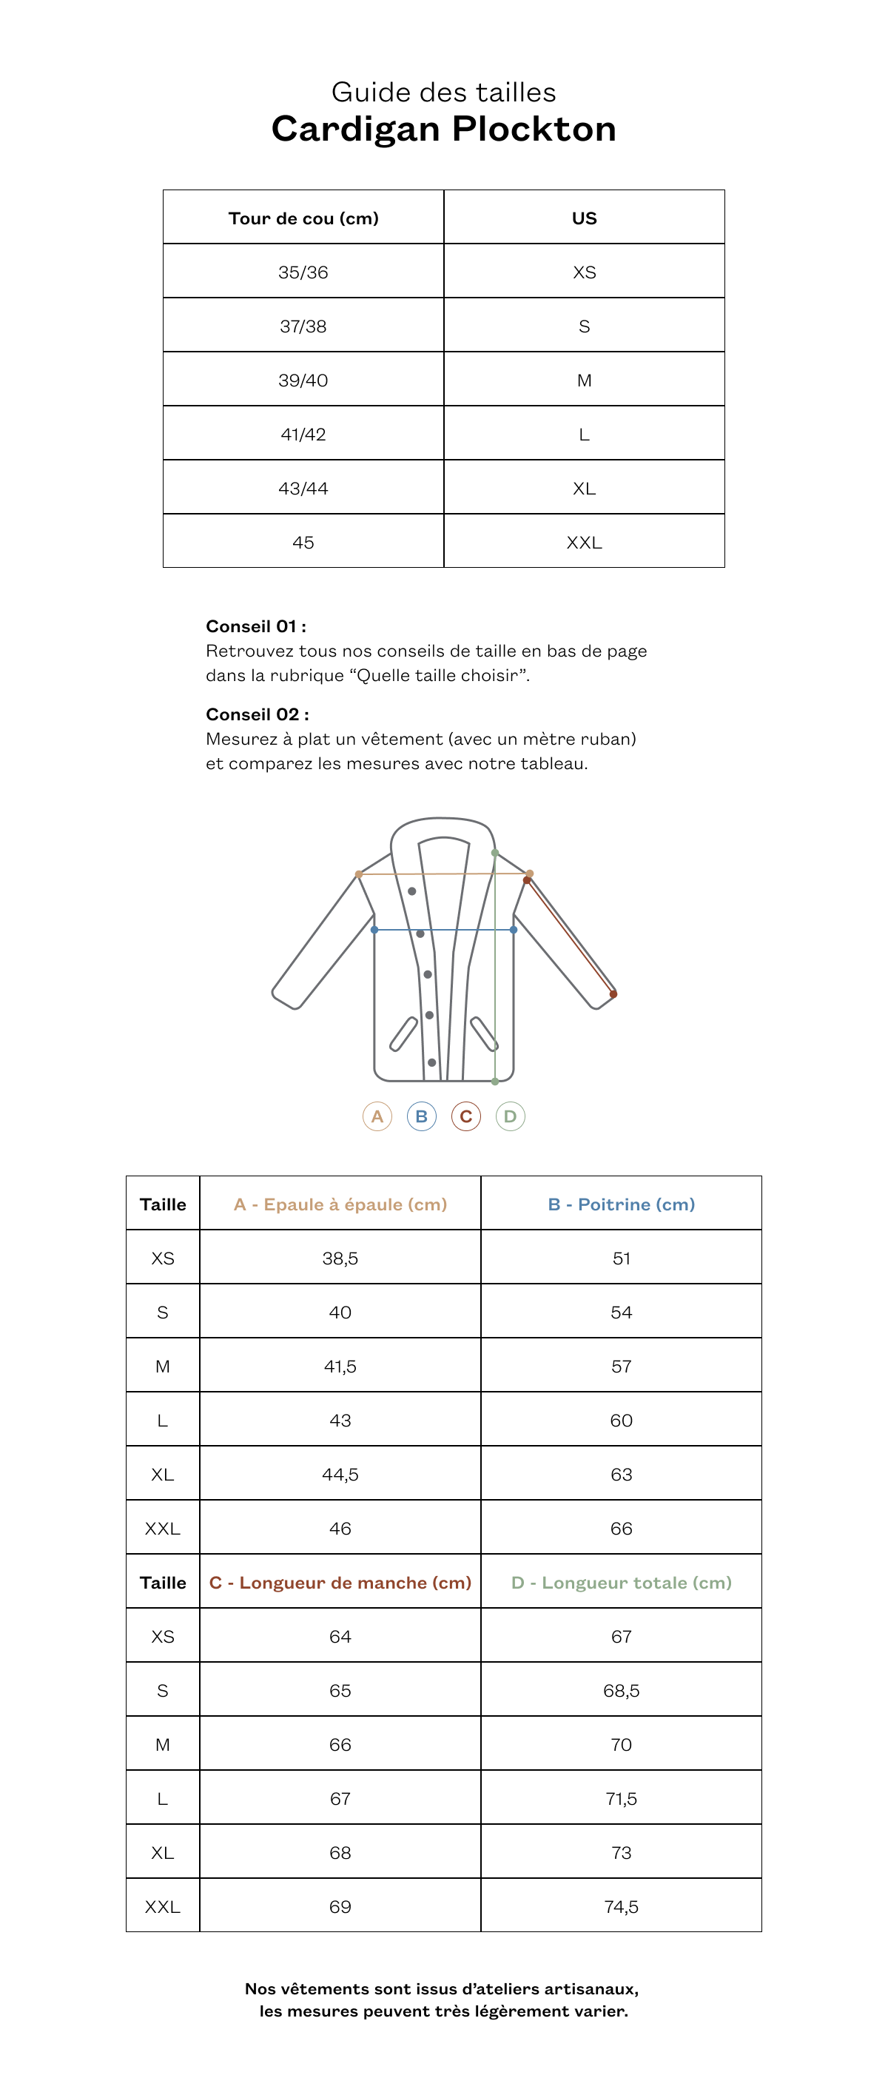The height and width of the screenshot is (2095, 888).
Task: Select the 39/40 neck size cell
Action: (x=303, y=380)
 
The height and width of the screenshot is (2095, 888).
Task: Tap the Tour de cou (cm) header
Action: (x=303, y=218)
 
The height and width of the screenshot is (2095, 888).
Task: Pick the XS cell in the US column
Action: (x=584, y=272)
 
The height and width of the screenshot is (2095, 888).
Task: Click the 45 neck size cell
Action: (x=303, y=542)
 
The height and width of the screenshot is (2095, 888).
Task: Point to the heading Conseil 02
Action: (x=257, y=714)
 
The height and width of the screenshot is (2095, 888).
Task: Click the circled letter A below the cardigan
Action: (x=377, y=1116)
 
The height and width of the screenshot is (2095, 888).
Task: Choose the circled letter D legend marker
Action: (x=510, y=1116)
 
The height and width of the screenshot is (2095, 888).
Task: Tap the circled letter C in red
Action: (x=466, y=1116)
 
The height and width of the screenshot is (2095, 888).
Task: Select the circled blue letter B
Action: (x=421, y=1116)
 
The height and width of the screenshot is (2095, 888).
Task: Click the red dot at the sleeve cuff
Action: (x=613, y=993)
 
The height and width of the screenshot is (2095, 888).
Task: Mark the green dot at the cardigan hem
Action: (x=495, y=1081)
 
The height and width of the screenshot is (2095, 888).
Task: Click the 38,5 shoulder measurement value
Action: (x=340, y=1258)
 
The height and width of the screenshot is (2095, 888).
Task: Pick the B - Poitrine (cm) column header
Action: (x=622, y=1204)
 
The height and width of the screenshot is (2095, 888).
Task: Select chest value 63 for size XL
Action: (x=622, y=1474)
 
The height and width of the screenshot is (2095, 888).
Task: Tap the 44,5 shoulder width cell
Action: (x=340, y=1474)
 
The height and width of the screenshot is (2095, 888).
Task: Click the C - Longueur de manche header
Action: (x=340, y=1582)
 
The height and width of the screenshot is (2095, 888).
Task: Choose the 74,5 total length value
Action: (x=622, y=1906)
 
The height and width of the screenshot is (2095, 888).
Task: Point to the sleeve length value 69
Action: (x=340, y=1906)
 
